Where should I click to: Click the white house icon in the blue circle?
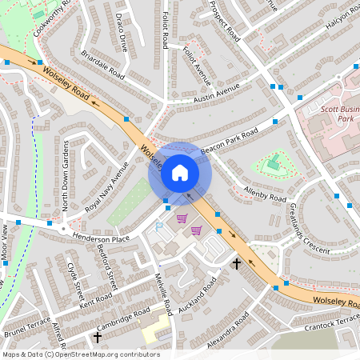tap(180, 172)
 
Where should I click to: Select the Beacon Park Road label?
tap(230, 141)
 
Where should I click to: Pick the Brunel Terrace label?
tap(27, 326)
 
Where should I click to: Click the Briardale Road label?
tap(102, 65)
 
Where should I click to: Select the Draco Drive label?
tap(121, 32)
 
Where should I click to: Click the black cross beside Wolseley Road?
tap(236, 262)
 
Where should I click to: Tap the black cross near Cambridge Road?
tap(98, 338)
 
